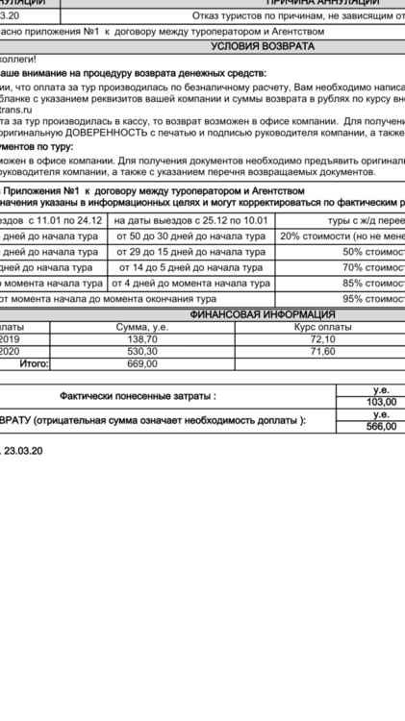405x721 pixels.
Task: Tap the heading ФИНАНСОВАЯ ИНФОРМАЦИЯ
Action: tap(262, 314)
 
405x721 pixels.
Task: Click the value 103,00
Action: tap(382, 402)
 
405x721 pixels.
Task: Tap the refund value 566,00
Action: tap(382, 426)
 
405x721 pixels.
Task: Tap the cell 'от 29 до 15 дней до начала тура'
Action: tap(190, 252)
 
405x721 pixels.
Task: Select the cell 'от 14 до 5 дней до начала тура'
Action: tap(190, 267)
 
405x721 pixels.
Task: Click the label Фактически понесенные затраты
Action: tap(138, 395)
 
